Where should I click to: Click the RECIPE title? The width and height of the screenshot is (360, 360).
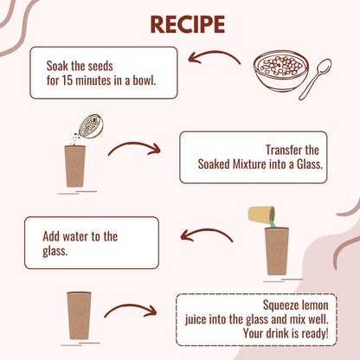pos(188,24)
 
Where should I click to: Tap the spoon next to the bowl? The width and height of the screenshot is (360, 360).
pos(315,79)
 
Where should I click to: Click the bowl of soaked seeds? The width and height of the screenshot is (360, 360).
pos(281,71)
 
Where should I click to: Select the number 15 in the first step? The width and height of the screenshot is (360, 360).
pos(67,80)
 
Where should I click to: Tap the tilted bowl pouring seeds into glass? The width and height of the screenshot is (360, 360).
pos(91,126)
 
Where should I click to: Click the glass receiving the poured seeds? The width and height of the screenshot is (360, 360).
pos(75,166)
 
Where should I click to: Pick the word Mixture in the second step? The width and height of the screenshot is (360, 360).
pos(249,164)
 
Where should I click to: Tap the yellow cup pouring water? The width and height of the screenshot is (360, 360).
pos(261,215)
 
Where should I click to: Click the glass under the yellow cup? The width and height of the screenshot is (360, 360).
pos(277,251)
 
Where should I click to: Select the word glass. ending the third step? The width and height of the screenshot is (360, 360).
pos(55,251)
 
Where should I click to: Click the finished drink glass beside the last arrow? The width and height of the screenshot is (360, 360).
pos(79,316)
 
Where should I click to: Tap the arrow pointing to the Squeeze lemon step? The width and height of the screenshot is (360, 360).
pos(131,310)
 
